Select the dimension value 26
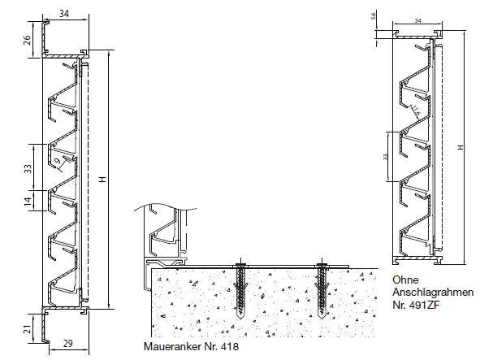click(x=27, y=39)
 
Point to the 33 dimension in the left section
click(x=27, y=168)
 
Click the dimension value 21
click(x=27, y=328)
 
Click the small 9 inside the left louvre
click(x=59, y=163)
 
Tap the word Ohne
click(x=404, y=278)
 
